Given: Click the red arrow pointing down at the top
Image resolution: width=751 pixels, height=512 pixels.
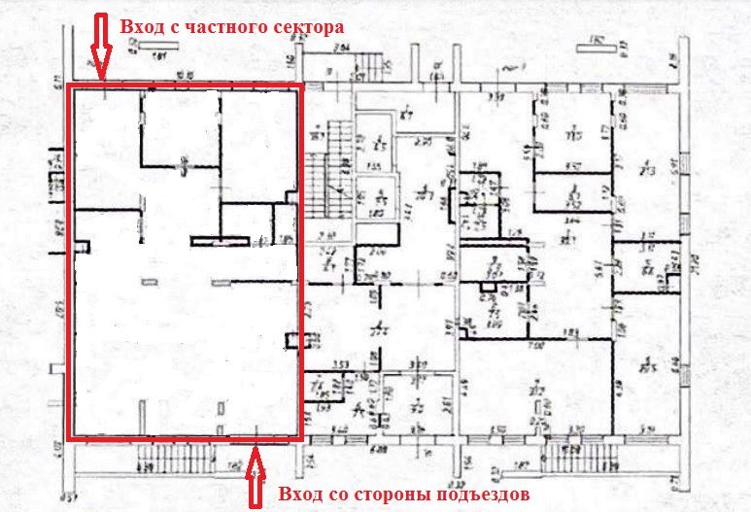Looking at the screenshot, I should pyautogui.click(x=98, y=45).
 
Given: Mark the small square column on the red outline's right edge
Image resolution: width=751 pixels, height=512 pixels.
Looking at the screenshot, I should pyautogui.click(x=292, y=340).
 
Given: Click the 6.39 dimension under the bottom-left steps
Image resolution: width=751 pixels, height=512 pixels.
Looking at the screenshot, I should pyautogui.click(x=147, y=468).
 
